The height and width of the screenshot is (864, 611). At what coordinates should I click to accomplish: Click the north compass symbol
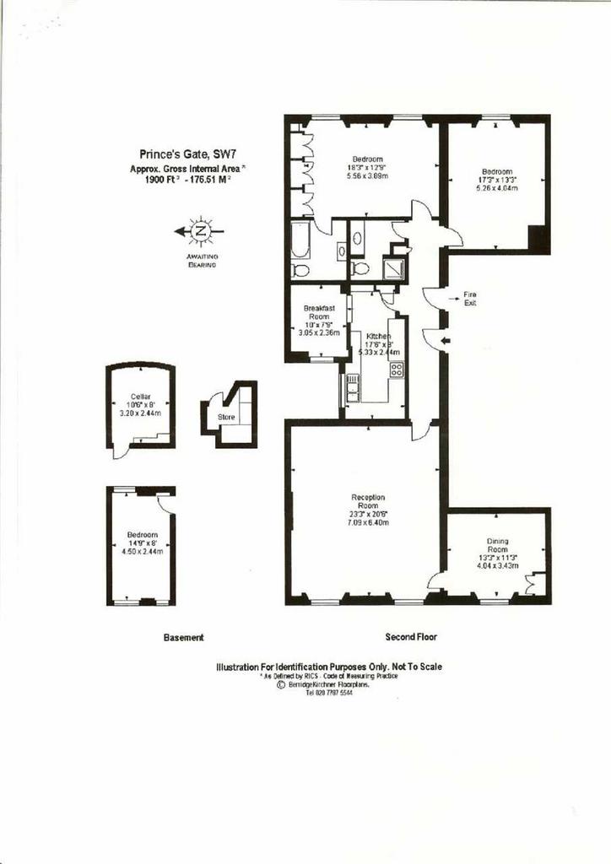(200, 229)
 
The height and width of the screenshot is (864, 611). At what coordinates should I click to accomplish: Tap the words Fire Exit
(470, 298)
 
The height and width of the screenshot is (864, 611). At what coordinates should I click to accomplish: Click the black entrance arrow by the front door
(446, 341)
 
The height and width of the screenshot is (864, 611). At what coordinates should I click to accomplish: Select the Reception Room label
(368, 497)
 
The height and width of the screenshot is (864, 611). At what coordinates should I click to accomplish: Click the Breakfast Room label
(320, 313)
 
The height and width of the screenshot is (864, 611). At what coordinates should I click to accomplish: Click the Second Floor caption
(411, 637)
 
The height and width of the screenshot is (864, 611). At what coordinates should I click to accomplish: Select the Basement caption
(183, 638)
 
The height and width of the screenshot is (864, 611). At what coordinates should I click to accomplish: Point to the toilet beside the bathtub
(300, 270)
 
